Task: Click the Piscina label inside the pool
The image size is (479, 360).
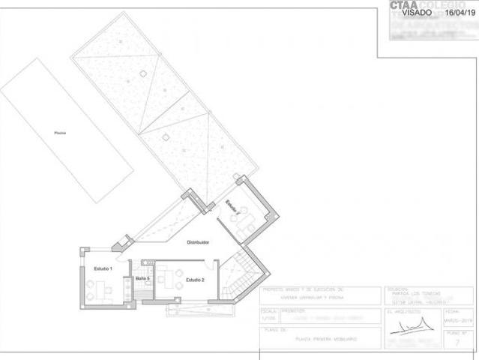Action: (x=60, y=133)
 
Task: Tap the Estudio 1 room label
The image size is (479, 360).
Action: (x=103, y=268)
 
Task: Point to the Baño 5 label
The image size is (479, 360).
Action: (x=142, y=279)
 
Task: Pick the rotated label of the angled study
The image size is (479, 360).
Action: (x=232, y=207)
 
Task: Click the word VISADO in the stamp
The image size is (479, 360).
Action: (x=417, y=13)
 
